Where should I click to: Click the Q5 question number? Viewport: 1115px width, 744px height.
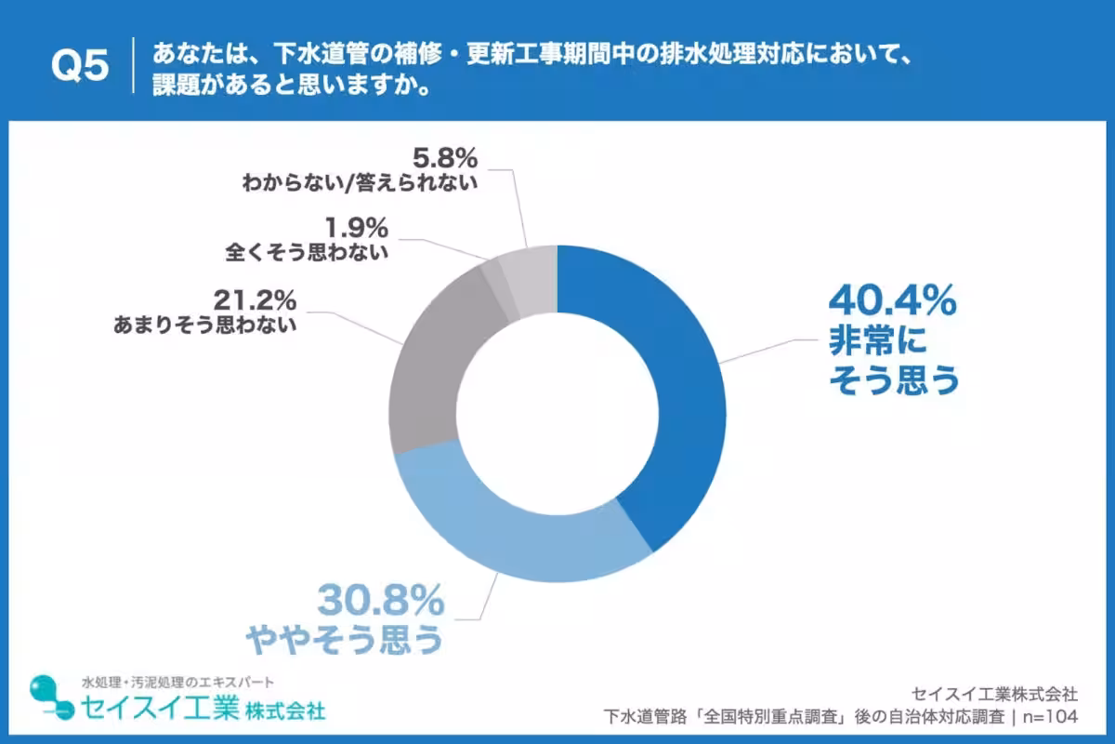[80, 66]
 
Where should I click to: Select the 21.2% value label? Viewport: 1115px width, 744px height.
[255, 299]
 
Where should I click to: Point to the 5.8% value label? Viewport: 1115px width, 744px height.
[445, 155]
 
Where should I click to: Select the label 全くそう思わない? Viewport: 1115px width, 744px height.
[307, 252]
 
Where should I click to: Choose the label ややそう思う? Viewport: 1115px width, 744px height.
[343, 641]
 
